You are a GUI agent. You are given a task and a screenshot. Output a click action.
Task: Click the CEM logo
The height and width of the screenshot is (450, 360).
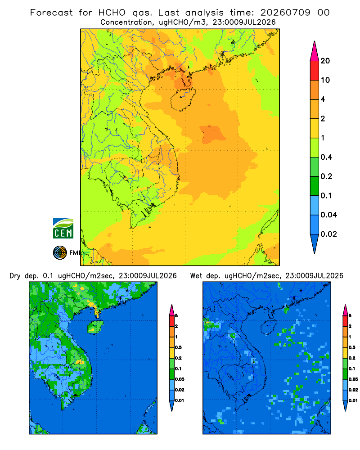[x=63, y=228]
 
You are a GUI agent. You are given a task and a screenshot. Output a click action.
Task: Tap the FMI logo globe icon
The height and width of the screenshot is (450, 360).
[x=60, y=252]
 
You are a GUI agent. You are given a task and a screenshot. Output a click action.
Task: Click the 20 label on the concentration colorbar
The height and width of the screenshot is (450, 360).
[x=325, y=61]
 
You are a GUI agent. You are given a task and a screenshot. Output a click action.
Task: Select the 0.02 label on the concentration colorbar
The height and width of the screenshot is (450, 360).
[x=328, y=234]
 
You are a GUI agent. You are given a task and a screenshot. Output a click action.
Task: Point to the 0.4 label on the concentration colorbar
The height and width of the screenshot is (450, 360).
[x=326, y=157]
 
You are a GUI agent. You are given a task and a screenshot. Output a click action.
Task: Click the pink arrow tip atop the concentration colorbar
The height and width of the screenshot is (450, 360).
[x=315, y=41]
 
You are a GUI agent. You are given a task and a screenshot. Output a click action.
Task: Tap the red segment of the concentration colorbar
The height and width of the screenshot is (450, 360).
[x=315, y=71]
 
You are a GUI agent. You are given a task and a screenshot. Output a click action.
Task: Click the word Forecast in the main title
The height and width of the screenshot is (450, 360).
[x=51, y=13]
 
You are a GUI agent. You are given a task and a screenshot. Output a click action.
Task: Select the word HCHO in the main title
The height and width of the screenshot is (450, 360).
[x=112, y=13]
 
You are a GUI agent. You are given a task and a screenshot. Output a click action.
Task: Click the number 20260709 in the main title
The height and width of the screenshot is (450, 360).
[x=285, y=13]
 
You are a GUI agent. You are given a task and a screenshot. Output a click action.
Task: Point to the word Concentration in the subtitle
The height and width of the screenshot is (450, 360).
[x=126, y=22]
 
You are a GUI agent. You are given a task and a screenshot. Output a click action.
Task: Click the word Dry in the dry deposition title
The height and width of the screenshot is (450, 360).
[x=15, y=276]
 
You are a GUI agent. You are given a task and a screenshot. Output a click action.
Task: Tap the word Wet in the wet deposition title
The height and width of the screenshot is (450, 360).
[x=196, y=276]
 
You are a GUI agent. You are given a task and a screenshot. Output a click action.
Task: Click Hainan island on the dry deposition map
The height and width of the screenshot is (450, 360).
[x=95, y=327]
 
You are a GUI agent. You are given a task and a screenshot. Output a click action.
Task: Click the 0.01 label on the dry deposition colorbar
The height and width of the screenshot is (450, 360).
[x=180, y=400]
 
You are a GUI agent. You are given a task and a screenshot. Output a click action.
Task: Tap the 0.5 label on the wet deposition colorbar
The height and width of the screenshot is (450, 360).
[x=353, y=347]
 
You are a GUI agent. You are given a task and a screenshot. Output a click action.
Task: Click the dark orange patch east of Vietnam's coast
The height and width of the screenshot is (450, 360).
[x=213, y=134]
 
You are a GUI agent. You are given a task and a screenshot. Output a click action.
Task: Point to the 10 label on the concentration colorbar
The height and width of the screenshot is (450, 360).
[x=325, y=80]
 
